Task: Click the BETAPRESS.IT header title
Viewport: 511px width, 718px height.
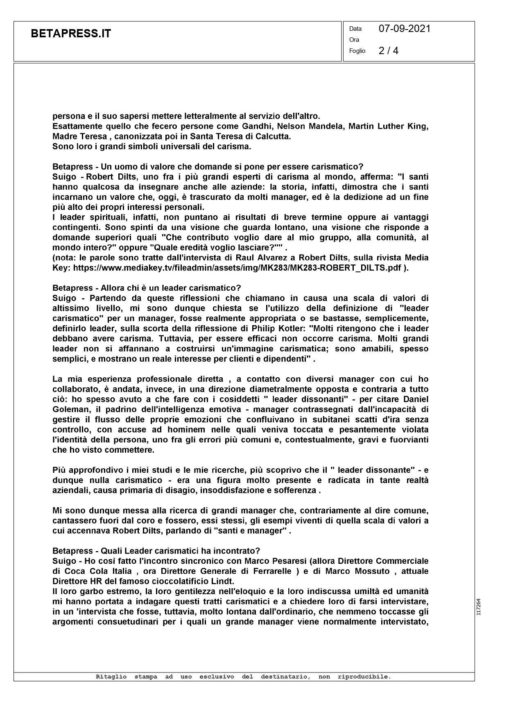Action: coord(71,34)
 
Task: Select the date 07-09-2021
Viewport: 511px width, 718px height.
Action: coord(405,28)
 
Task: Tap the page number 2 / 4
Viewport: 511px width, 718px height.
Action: coord(388,50)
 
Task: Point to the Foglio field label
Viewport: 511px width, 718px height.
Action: coord(357,51)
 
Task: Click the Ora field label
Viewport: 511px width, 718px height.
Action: coord(354,40)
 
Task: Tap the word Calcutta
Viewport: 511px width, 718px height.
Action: coord(272,137)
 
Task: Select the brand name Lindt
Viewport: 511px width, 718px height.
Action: coord(235,581)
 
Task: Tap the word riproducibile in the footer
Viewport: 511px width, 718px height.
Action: coord(364,677)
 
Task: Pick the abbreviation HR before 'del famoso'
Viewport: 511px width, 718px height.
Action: coord(91,581)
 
